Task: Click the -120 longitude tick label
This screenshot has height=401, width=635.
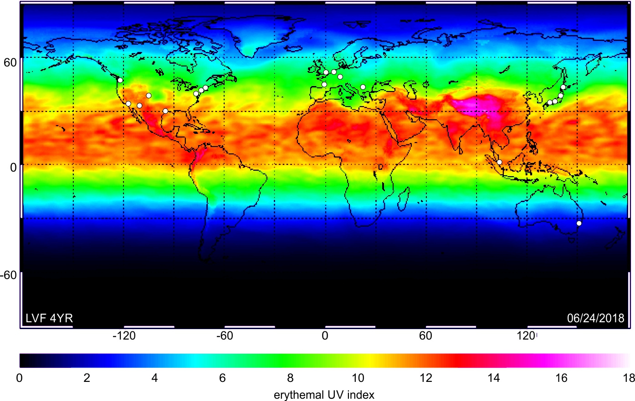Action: click(124, 336)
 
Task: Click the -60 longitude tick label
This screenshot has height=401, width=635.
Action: click(225, 336)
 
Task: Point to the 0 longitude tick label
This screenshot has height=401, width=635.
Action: click(325, 336)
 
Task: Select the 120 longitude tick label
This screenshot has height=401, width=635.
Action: click(525, 336)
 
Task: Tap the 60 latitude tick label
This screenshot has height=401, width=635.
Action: click(10, 62)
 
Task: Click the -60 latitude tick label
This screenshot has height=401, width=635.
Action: click(8, 275)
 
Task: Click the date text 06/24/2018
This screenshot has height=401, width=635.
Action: click(595, 318)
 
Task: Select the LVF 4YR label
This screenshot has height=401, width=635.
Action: click(49, 318)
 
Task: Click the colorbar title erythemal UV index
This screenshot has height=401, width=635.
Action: click(324, 395)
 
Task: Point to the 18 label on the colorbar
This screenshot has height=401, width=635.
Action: click(629, 378)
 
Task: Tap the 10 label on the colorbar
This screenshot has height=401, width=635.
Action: click(358, 378)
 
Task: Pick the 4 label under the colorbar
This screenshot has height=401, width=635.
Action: click(154, 378)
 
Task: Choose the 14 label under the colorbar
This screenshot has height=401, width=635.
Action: click(493, 378)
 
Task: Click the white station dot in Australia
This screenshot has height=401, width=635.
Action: click(579, 223)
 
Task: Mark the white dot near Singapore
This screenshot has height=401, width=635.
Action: click(499, 162)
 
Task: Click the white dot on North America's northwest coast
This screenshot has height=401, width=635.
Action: click(120, 80)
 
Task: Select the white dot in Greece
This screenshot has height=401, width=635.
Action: click(363, 87)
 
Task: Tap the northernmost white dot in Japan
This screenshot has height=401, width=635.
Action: click(563, 87)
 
